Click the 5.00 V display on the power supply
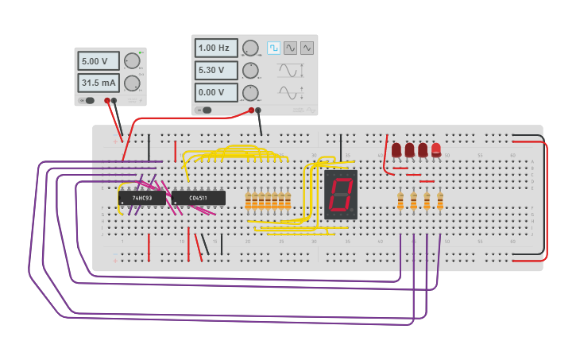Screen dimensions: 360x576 pyautogui.click(x=98, y=61)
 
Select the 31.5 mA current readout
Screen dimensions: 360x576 pyautogui.click(x=98, y=83)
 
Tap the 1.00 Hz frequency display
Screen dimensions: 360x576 pyautogui.click(x=215, y=48)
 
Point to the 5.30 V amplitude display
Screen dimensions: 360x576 pyautogui.click(x=215, y=70)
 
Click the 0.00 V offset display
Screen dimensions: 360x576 pyautogui.click(x=215, y=92)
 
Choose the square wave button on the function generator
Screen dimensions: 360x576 pyautogui.click(x=273, y=48)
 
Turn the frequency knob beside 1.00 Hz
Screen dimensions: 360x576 pyautogui.click(x=250, y=48)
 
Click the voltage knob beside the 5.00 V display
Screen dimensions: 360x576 pyautogui.click(x=132, y=61)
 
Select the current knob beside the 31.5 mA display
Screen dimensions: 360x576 pyautogui.click(x=132, y=83)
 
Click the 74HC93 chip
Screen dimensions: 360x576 pyautogui.click(x=142, y=198)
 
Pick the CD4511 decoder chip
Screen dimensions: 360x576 pyautogui.click(x=199, y=198)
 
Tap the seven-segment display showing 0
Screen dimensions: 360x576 pyautogui.click(x=341, y=195)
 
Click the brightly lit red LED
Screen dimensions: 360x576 pyautogui.click(x=436, y=149)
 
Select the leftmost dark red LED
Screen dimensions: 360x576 pyautogui.click(x=396, y=149)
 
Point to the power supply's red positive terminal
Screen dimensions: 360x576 pyautogui.click(x=107, y=101)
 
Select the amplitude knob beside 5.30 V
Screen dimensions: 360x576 pyautogui.click(x=250, y=70)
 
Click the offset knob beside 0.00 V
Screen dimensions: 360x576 pyautogui.click(x=250, y=92)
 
